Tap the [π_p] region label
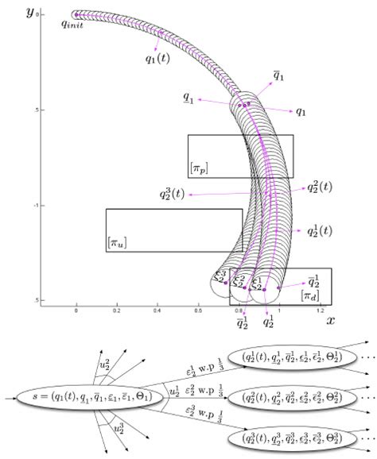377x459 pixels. [x=198, y=168]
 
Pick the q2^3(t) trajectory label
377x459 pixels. [x=173, y=193]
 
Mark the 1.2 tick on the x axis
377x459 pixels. [x=320, y=310]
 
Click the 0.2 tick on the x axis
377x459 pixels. [x=118, y=310]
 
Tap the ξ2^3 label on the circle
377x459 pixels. [x=221, y=274]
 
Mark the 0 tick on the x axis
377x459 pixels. [x=76, y=310]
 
